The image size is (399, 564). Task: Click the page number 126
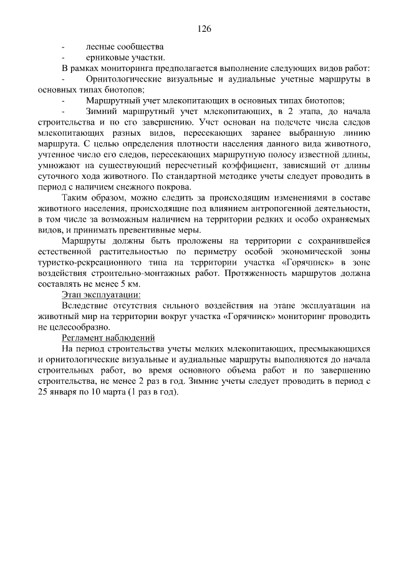pyautogui.click(x=204, y=28)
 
